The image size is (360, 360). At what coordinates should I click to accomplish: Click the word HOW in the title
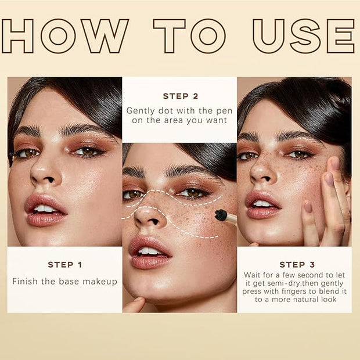click(x=65, y=36)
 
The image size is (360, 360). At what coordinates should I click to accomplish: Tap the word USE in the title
click(x=304, y=36)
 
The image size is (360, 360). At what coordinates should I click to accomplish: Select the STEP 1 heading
click(x=65, y=265)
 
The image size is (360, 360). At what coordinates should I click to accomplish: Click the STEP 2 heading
click(x=181, y=96)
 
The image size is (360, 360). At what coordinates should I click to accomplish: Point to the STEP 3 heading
click(x=297, y=265)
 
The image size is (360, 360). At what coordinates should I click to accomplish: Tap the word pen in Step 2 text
click(x=224, y=111)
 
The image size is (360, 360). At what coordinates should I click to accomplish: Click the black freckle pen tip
click(x=221, y=215)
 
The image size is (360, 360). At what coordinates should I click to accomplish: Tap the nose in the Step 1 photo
click(x=45, y=171)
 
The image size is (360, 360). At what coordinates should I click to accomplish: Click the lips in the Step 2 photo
click(x=150, y=252)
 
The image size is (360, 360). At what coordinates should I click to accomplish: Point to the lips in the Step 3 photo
click(x=263, y=205)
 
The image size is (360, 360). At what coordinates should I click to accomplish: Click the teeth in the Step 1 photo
click(x=45, y=209)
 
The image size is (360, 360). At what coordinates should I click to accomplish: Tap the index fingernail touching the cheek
click(x=329, y=179)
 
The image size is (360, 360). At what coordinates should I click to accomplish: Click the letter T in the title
click(x=170, y=36)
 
